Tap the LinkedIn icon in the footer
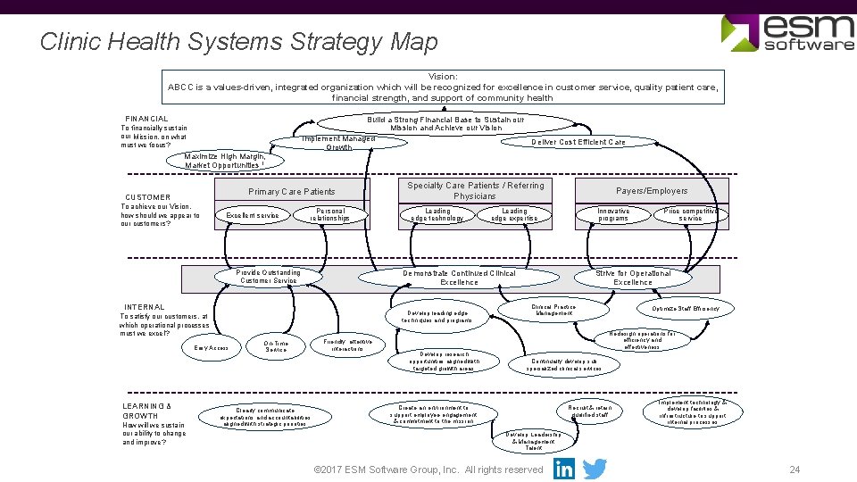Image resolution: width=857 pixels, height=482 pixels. (x=564, y=469)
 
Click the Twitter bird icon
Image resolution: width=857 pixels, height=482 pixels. (x=595, y=469)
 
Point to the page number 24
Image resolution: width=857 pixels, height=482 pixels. (x=795, y=470)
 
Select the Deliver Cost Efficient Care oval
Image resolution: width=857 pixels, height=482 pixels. (x=578, y=142)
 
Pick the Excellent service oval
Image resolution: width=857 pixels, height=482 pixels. (x=253, y=215)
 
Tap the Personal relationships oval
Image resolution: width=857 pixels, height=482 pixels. (x=330, y=215)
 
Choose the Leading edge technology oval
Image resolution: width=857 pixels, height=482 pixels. (x=437, y=215)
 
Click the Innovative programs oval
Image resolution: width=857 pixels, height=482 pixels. (x=613, y=215)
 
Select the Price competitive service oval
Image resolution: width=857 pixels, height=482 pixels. (x=690, y=215)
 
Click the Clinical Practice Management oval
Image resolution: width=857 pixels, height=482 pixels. (x=553, y=310)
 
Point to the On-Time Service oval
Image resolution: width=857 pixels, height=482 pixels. (x=277, y=346)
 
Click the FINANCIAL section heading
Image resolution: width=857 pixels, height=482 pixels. (x=146, y=119)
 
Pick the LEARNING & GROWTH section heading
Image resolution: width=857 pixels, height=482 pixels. (x=146, y=411)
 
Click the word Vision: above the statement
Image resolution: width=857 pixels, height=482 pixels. (x=443, y=77)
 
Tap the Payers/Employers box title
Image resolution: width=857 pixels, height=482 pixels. (x=652, y=191)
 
